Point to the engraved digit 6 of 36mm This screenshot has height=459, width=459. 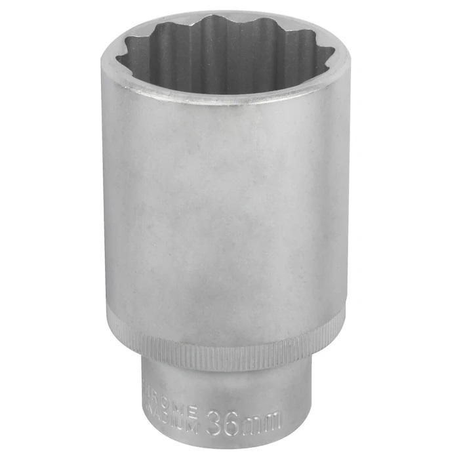[235, 420]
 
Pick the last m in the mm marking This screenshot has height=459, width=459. [274, 419]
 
